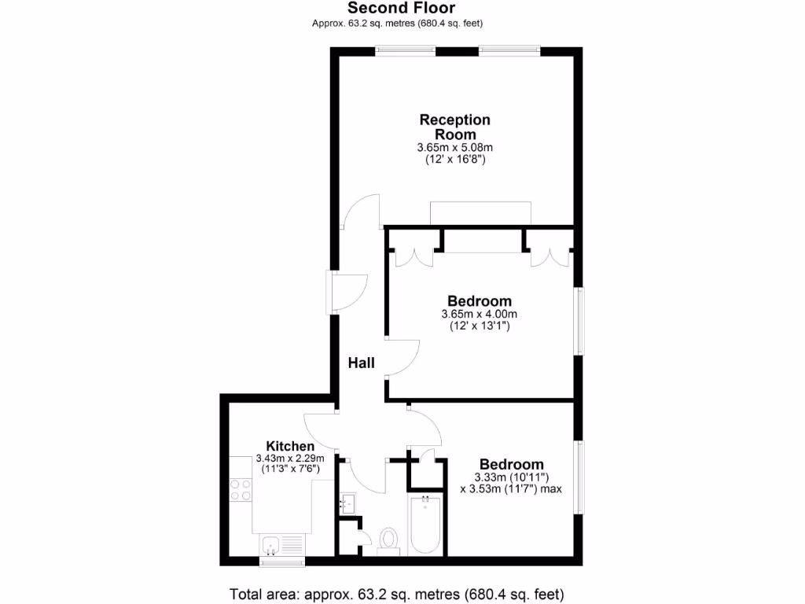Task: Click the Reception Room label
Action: click(x=454, y=127)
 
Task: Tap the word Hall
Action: click(x=362, y=363)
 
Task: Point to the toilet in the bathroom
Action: click(x=388, y=540)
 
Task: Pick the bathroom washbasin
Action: click(x=348, y=503)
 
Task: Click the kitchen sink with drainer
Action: click(x=281, y=544)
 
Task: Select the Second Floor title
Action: click(x=401, y=8)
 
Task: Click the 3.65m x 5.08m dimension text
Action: click(x=454, y=147)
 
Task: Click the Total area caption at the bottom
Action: click(x=397, y=593)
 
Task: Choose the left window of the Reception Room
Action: click(x=406, y=52)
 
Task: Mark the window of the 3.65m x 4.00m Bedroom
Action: click(x=580, y=321)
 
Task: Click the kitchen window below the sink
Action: click(x=281, y=562)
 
